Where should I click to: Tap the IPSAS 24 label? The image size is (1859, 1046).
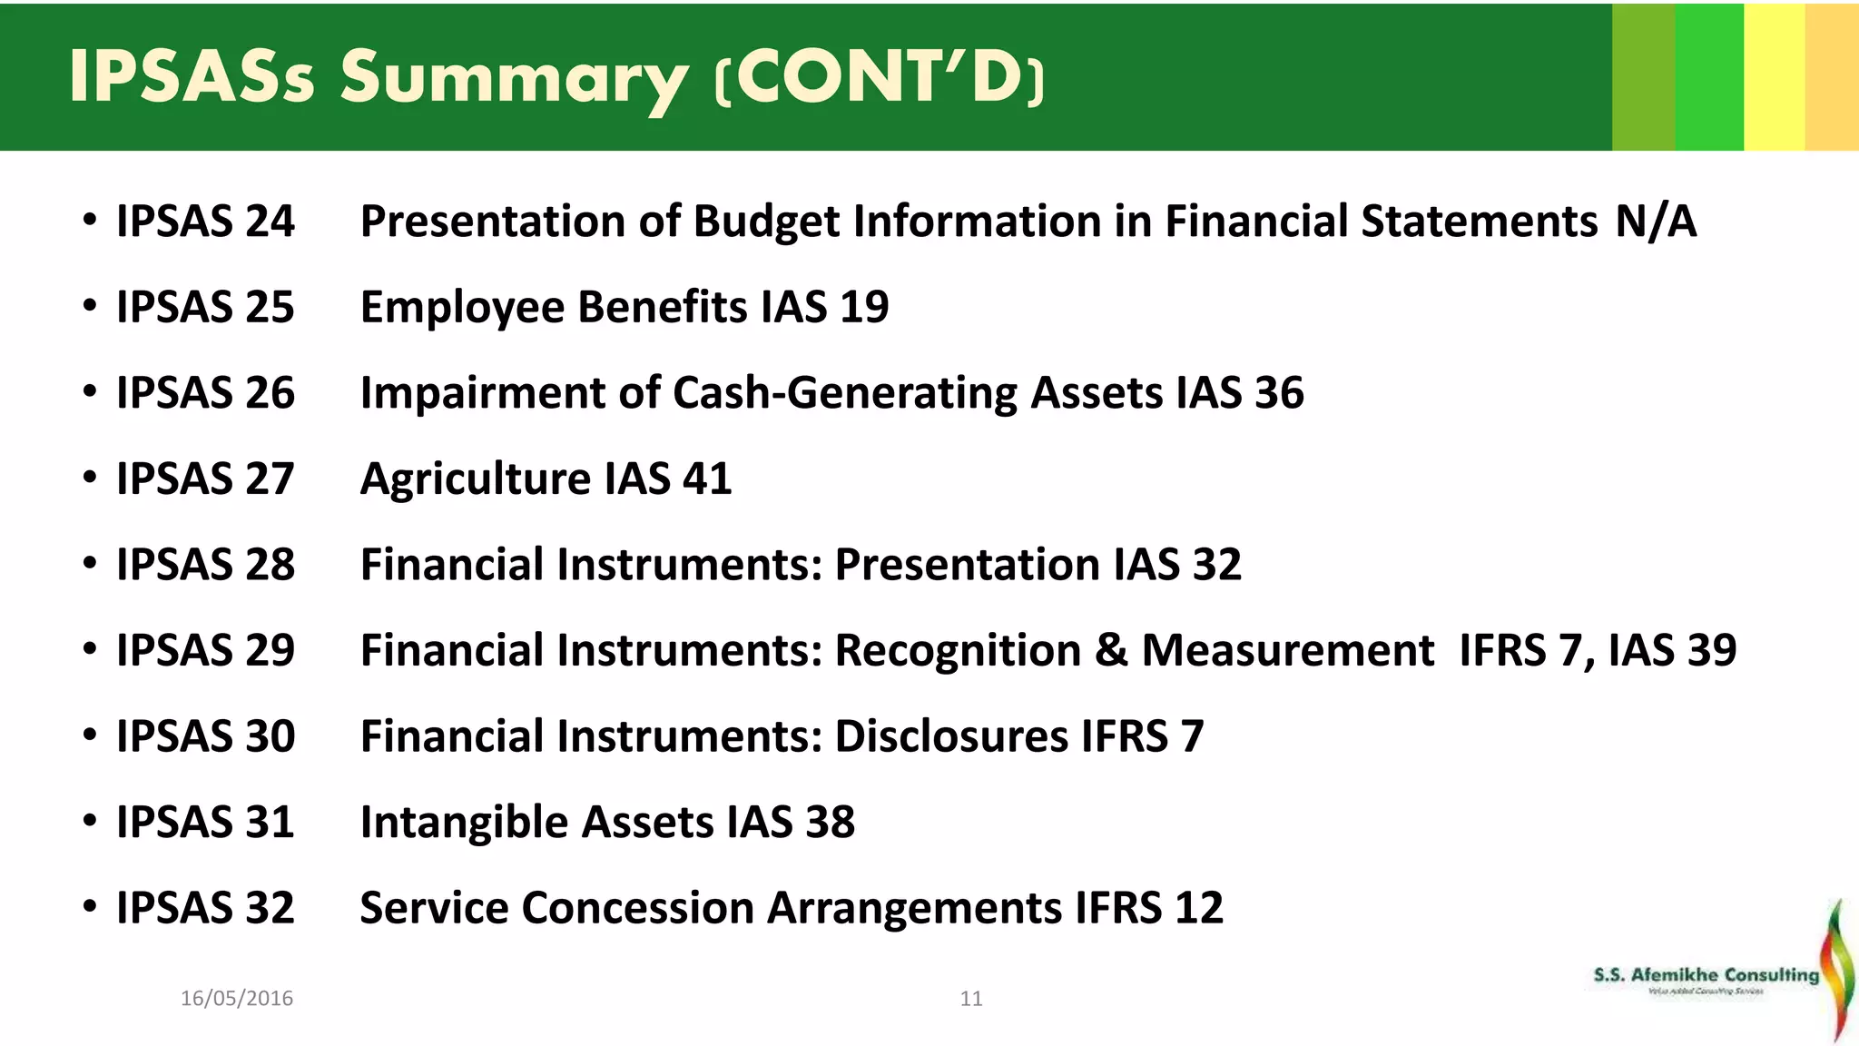[x=205, y=222]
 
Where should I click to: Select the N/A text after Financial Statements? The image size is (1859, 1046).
[x=1656, y=222]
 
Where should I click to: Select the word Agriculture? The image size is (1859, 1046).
[x=476, y=479]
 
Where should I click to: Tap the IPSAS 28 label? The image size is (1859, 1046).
[x=205, y=565]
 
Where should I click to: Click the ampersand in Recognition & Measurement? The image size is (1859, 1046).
[x=1111, y=651]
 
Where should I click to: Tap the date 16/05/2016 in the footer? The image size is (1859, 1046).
[x=237, y=999]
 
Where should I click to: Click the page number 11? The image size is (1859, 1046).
[x=971, y=999]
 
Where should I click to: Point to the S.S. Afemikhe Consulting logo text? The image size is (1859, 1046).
[x=1706, y=975]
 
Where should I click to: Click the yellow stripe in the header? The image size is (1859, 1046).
[x=1774, y=77]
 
